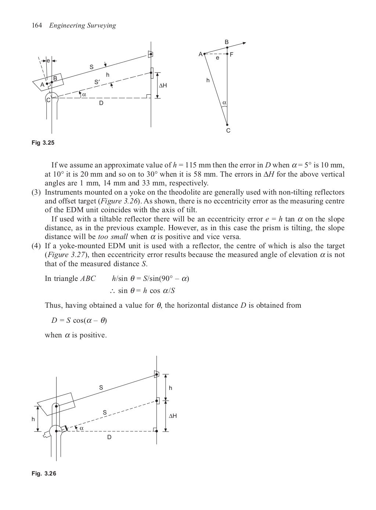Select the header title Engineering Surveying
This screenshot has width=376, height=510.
pos(83,25)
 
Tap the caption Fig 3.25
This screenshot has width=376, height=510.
pos(43,142)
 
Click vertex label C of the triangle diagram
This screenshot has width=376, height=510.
pos(228,131)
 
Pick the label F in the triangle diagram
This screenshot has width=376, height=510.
pos(232,54)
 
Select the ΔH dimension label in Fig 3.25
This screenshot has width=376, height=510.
pos(162,86)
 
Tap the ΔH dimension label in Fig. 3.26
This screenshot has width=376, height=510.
pos(173,416)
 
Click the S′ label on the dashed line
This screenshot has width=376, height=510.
pos(97,82)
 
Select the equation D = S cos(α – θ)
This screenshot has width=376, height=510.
pos(79,321)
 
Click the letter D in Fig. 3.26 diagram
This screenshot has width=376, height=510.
pos(109,437)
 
